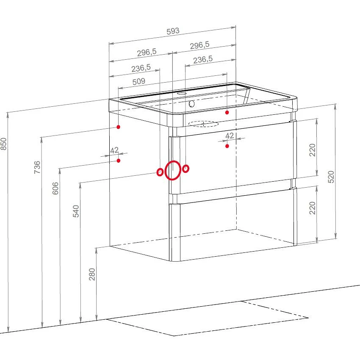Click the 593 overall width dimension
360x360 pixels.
click(x=173, y=31)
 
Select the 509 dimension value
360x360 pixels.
click(x=139, y=81)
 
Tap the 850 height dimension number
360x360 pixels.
click(x=4, y=144)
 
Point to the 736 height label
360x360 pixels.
click(x=37, y=167)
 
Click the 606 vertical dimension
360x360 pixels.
click(x=55, y=188)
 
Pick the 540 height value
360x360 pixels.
click(x=76, y=211)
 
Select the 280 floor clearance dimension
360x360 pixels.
click(x=92, y=274)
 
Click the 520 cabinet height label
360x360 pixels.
click(x=331, y=177)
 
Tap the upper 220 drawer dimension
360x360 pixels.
click(x=313, y=150)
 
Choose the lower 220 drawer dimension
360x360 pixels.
click(x=313, y=208)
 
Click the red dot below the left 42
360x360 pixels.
click(x=119, y=161)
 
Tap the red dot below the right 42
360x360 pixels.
click(x=227, y=146)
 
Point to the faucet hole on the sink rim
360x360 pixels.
click(x=182, y=94)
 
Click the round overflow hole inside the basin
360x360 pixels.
click(x=191, y=104)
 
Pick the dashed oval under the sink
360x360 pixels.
click(x=203, y=124)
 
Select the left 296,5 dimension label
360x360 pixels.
click(x=147, y=53)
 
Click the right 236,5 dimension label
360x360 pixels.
click(x=203, y=60)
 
